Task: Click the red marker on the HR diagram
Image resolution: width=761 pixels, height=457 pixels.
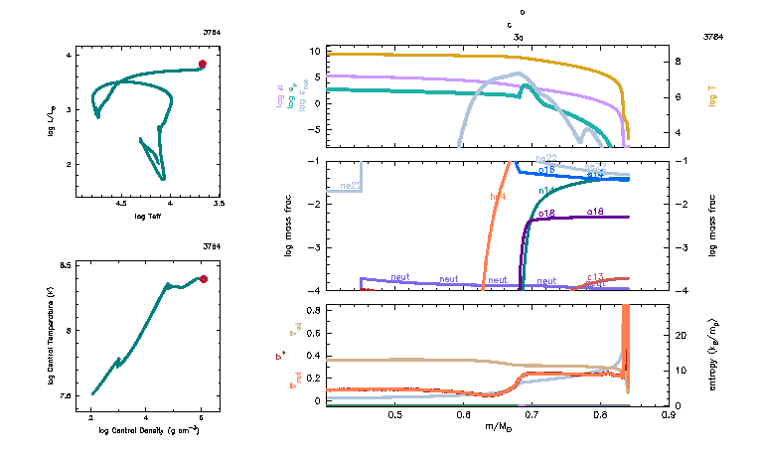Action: pos(202,65)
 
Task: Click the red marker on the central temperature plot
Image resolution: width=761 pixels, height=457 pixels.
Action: pos(203,279)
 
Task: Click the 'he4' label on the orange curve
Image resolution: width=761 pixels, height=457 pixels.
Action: pos(497,195)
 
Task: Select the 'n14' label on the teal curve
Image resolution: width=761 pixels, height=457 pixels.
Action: pos(546,190)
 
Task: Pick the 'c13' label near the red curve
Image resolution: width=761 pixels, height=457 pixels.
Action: pos(596,277)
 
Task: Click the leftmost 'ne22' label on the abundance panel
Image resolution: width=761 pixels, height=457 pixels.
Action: pos(350,186)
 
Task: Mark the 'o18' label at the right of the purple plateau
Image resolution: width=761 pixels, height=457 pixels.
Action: pos(596,212)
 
